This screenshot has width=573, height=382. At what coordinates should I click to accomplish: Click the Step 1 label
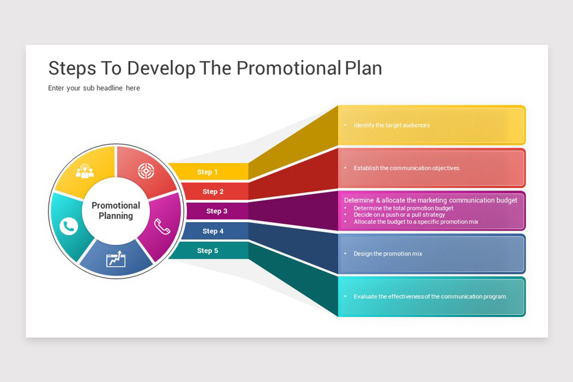[207, 172]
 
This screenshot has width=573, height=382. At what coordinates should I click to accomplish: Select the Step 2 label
[213, 191]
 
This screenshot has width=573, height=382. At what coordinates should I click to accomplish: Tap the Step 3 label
[217, 211]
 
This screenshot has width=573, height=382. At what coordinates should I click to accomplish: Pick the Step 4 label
[213, 231]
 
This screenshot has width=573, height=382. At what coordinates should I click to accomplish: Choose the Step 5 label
[207, 251]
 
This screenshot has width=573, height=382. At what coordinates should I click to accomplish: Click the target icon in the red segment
[146, 170]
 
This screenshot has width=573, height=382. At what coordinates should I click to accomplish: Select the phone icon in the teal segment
[69, 226]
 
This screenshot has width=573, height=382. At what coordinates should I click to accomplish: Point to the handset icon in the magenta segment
[162, 226]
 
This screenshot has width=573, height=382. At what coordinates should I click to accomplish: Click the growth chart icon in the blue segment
[116, 259]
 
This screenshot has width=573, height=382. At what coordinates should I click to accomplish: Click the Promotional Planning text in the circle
[116, 211]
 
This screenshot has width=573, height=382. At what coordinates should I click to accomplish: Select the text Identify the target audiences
[392, 126]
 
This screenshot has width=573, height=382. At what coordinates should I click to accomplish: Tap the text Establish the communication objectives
[407, 168]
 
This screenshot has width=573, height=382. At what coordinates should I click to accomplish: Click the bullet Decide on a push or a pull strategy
[399, 215]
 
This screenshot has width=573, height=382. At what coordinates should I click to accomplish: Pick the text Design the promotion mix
[388, 254]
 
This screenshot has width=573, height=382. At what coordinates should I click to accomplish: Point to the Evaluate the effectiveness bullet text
[430, 297]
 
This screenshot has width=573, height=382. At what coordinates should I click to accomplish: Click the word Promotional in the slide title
[288, 68]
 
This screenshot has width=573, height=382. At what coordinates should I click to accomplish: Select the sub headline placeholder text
[94, 88]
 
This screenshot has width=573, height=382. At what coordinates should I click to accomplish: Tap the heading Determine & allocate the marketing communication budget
[431, 201]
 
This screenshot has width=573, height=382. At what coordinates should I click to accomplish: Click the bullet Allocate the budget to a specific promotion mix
[416, 222]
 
